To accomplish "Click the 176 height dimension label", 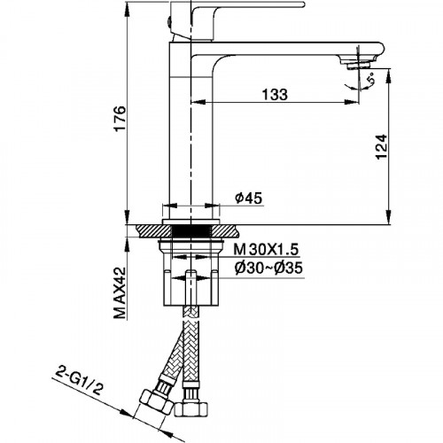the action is click(120, 119).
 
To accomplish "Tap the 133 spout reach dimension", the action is click(275, 95).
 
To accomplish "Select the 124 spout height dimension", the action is click(381, 147).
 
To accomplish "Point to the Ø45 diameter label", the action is click(248, 198).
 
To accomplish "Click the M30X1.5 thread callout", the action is click(267, 250).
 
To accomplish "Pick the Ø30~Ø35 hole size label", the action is click(268, 268).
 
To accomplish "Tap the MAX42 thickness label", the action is click(120, 293).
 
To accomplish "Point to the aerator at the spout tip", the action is click(358, 64).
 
